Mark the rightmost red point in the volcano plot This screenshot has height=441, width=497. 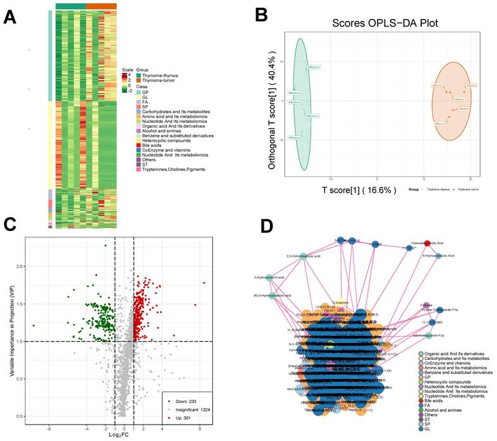click(x=204, y=283)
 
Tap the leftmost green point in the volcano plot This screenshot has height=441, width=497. click(x=34, y=326)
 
